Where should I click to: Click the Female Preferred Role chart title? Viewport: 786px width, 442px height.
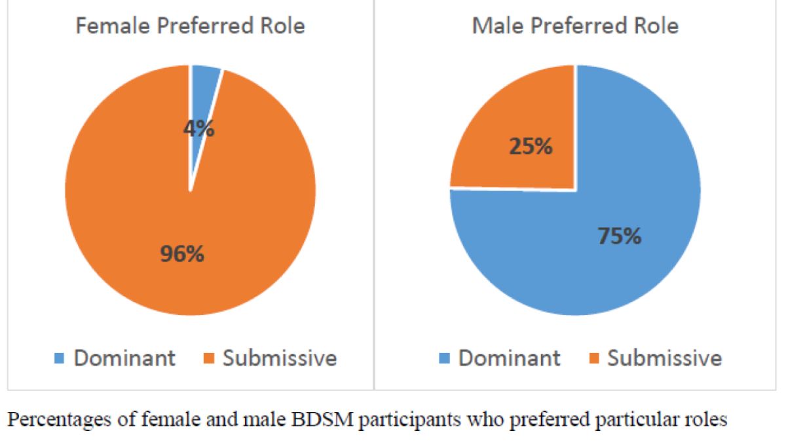click(190, 27)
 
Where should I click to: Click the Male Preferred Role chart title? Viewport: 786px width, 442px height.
click(575, 27)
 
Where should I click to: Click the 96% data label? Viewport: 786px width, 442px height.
click(183, 253)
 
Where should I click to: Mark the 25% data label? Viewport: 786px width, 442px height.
click(531, 147)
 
